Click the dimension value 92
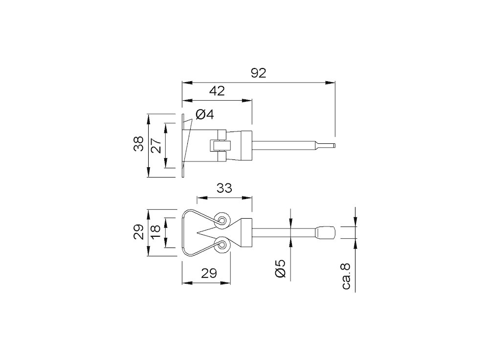click(x=259, y=73)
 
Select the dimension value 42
click(x=217, y=91)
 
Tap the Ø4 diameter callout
click(x=205, y=114)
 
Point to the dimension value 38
click(x=138, y=144)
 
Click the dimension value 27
click(x=156, y=145)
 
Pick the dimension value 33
click(x=224, y=188)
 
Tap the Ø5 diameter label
click(x=280, y=268)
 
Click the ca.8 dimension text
click(x=346, y=276)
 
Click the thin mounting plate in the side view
click(x=183, y=145)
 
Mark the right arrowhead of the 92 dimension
click(x=331, y=83)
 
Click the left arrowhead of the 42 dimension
click(x=187, y=100)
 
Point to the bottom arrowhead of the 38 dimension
click(x=149, y=173)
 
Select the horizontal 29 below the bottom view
click(x=209, y=273)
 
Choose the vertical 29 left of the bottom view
click(x=138, y=232)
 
